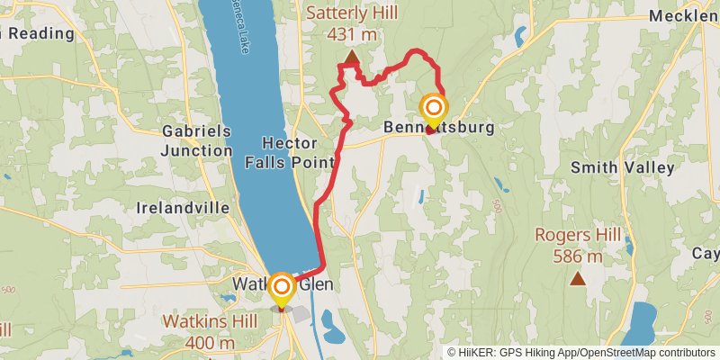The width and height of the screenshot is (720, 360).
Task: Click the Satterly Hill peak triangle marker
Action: [351, 60]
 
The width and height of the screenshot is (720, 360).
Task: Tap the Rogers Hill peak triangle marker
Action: [577, 278]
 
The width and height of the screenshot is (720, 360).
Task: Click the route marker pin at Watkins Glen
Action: [282, 290]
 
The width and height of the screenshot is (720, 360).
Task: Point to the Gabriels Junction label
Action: [196, 140]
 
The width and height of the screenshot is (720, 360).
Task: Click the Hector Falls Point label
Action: [290, 153]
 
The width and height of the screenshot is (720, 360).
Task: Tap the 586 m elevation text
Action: [577, 256]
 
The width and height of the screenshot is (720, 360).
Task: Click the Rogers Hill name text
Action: [577, 236]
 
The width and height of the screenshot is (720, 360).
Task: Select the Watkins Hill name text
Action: [199, 320]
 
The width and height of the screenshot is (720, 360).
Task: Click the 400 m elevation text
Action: [199, 342]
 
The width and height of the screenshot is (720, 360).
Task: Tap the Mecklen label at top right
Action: [683, 15]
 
